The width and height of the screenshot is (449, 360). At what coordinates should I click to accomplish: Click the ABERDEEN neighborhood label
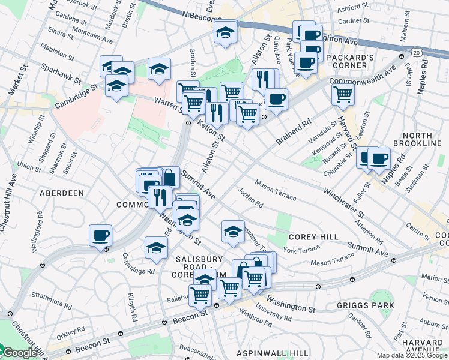pos(61,193)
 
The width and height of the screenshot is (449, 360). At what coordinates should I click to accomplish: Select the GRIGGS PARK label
pos(370,305)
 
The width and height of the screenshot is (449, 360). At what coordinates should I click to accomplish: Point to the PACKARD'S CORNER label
pos(353,62)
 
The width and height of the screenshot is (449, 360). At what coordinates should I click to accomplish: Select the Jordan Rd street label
pos(250,198)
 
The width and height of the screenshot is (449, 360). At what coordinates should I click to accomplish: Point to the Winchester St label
pos(343,203)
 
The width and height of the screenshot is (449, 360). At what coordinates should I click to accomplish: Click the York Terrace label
pos(301,250)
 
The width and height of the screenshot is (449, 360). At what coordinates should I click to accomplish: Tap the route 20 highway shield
pos(417,53)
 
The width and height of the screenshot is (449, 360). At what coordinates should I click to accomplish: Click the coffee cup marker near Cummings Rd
pos(100,235)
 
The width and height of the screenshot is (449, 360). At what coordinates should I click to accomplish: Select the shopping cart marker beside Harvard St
pos(342,93)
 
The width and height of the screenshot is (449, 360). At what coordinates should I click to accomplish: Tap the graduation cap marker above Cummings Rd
pos(156,247)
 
